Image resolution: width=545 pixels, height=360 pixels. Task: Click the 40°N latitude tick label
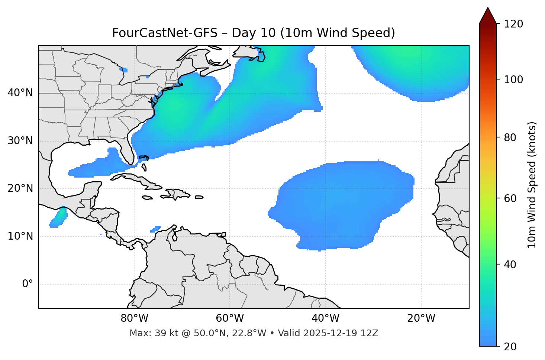coord(20,93)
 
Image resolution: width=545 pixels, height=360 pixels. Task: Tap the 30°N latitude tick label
coord(20,141)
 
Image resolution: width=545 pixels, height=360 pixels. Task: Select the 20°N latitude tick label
coord(20,188)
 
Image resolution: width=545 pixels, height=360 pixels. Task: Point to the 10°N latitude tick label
coord(20,236)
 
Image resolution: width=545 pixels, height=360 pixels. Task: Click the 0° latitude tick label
coord(28,284)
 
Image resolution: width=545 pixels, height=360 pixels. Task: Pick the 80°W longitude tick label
coord(134,318)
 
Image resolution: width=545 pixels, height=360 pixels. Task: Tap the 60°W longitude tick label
coord(230,318)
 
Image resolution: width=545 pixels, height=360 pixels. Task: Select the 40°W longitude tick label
coord(325,318)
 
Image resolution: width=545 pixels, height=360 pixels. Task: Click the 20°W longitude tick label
coord(421,318)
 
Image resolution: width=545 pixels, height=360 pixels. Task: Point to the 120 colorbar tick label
coord(513,24)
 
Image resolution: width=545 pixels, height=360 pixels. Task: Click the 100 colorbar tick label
coord(513,80)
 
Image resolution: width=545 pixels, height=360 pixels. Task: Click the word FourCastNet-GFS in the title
coord(164,33)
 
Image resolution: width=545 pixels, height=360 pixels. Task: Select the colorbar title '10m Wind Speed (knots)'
coord(532,185)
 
